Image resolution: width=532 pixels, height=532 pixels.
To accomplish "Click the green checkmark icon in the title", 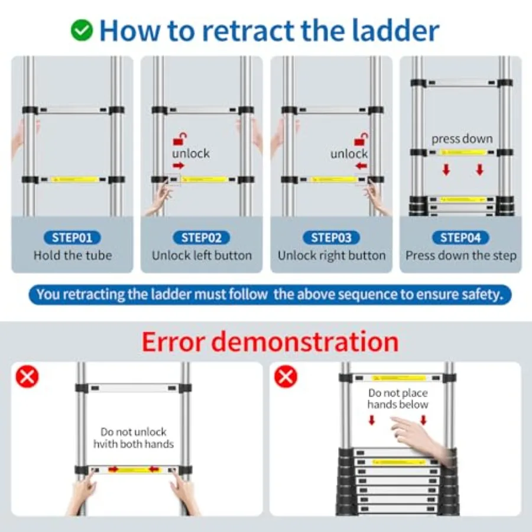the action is pyautogui.click(x=82, y=30).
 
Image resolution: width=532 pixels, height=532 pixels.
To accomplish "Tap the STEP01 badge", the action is pyautogui.click(x=72, y=238).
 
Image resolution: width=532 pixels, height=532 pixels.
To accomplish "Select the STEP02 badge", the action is pyautogui.click(x=202, y=238).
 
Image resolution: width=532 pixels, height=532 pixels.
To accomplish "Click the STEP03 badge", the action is pyautogui.click(x=331, y=238).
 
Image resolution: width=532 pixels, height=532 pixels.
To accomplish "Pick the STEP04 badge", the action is pyautogui.click(x=460, y=238).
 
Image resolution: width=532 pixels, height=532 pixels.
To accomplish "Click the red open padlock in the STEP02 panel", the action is pyautogui.click(x=180, y=139).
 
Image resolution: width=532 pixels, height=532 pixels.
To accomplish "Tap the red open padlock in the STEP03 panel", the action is pyautogui.click(x=361, y=139).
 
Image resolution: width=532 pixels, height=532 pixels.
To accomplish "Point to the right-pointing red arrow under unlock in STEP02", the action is pyautogui.click(x=179, y=166).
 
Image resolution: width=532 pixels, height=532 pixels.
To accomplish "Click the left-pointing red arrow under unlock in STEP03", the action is pyautogui.click(x=362, y=166).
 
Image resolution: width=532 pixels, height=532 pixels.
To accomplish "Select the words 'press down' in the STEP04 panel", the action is pyautogui.click(x=462, y=139).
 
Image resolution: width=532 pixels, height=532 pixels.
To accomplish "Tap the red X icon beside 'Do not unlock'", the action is pyautogui.click(x=27, y=377).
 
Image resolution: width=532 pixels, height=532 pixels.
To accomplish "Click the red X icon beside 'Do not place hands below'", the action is pyautogui.click(x=286, y=377).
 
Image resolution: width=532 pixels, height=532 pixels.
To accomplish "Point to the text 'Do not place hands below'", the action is pyautogui.click(x=398, y=398).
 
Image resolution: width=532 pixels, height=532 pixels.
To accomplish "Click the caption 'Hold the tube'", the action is pyautogui.click(x=73, y=255).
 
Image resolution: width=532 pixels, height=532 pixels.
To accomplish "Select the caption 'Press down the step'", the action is pyautogui.click(x=460, y=256).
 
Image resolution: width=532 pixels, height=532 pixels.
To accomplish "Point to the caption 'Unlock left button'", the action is pyautogui.click(x=202, y=255).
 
